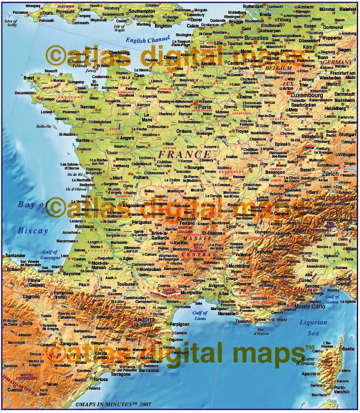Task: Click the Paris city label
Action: coord(205,107)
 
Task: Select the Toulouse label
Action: coord(126,284)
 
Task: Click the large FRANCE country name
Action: coord(185,155)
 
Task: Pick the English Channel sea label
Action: coord(148,41)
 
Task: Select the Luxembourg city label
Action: coord(305,95)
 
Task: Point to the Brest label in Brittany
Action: coord(29,77)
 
